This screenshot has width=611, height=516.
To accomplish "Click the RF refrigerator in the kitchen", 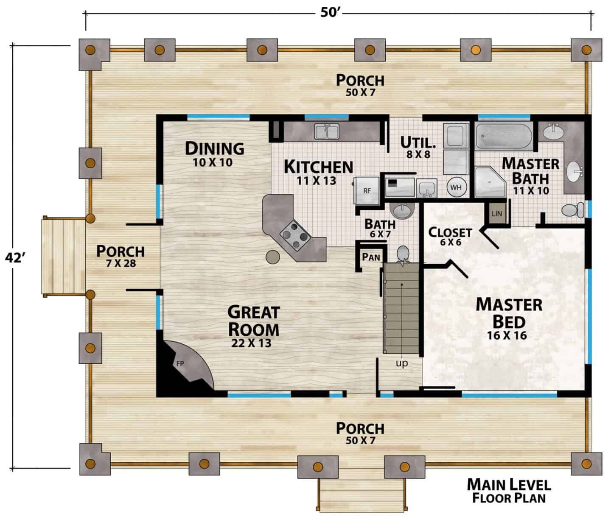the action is (367, 190).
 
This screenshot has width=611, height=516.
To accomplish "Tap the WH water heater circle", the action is (457, 187).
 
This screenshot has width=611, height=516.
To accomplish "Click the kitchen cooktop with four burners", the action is (295, 235).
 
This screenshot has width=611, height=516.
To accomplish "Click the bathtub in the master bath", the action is (504, 136).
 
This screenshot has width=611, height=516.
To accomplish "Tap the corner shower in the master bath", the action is (490, 182).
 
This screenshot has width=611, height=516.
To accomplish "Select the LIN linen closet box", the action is (497, 213).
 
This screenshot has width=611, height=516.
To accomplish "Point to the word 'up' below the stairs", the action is (402, 363).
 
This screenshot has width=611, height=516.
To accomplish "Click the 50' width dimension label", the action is (329, 13).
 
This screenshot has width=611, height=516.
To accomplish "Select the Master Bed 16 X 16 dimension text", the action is (507, 335).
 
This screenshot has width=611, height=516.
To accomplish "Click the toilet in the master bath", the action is (572, 210).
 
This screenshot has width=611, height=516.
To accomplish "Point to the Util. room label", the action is (418, 142).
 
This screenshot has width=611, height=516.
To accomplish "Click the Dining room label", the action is (215, 148).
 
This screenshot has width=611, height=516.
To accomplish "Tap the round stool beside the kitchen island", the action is (273, 257).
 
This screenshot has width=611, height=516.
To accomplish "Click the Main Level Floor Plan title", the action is (509, 491).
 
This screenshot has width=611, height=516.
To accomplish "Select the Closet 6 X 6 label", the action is (450, 237).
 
